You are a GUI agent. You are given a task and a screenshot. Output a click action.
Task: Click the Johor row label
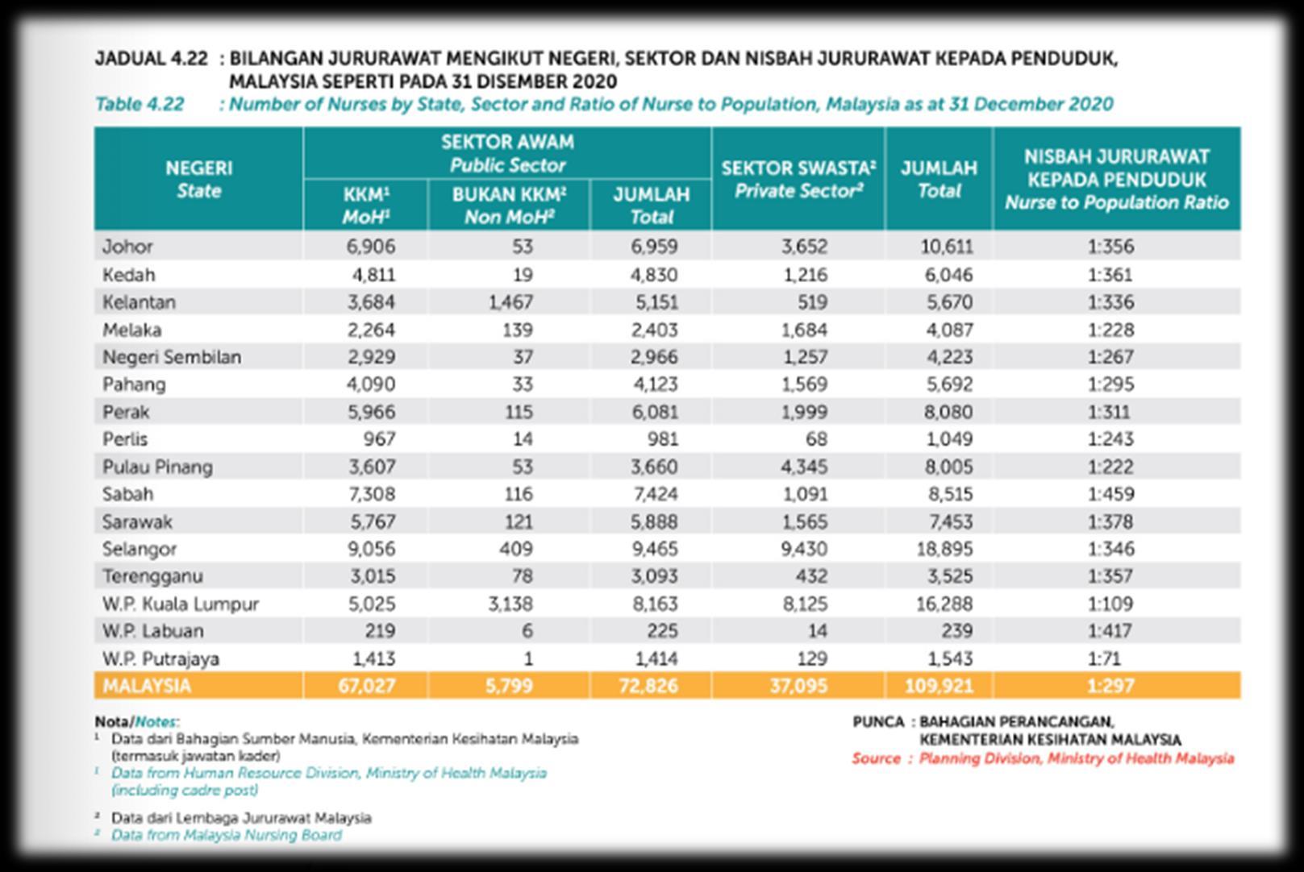tap(127, 247)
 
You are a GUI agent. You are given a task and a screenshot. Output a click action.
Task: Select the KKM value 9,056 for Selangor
tap(371, 549)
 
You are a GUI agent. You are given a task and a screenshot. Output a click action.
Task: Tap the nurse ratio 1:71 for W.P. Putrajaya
tap(1104, 658)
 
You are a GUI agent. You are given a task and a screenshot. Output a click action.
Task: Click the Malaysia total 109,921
tap(939, 686)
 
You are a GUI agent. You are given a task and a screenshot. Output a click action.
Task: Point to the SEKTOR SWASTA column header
tap(798, 179)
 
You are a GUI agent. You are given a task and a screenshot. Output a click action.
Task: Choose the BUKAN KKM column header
tap(509, 206)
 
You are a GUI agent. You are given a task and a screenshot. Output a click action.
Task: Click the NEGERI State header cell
tap(198, 179)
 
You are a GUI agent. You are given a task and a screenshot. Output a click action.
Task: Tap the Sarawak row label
tap(137, 521)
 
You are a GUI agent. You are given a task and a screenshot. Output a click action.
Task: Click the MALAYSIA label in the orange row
tap(147, 686)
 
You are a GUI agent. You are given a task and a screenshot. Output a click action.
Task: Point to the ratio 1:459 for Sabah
tap(1110, 494)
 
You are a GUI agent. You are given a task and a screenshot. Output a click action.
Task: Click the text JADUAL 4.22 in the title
tap(151, 59)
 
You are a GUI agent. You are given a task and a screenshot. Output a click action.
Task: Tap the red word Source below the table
tap(876, 758)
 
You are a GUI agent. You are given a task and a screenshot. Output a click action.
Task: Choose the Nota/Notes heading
tap(136, 721)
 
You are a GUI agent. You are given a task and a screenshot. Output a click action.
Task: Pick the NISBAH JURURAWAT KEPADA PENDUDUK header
tap(1116, 179)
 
